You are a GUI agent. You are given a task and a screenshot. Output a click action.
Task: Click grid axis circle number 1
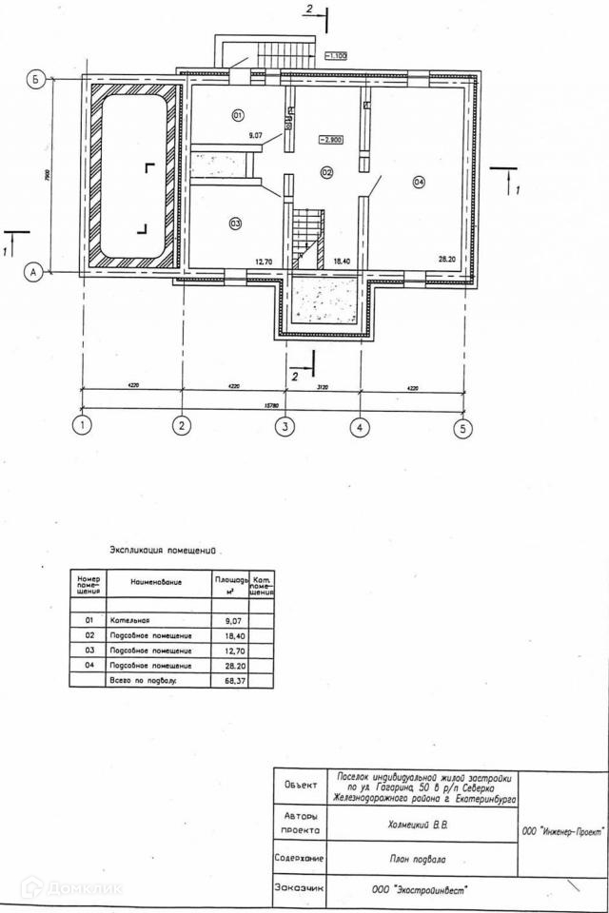pyautogui.click(x=84, y=426)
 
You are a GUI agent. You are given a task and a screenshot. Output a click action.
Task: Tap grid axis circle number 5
pyautogui.click(x=463, y=428)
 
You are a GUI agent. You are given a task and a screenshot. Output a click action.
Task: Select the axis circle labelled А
pyautogui.click(x=33, y=272)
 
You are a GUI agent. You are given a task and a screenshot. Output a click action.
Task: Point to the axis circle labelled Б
pyautogui.click(x=34, y=80)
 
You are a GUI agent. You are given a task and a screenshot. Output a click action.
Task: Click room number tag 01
pyautogui.click(x=238, y=115)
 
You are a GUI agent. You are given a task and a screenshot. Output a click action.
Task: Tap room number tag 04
pyautogui.click(x=420, y=182)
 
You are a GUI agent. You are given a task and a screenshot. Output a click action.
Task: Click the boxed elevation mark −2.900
pyautogui.click(x=331, y=139)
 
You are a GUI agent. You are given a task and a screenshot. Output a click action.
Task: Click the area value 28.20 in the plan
pyautogui.click(x=447, y=259)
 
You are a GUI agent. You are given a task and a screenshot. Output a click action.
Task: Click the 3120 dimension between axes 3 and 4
pyautogui.click(x=322, y=388)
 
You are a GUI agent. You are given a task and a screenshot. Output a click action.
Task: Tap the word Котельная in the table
pyautogui.click(x=130, y=620)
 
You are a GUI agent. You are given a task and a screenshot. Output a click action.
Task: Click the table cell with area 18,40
pyautogui.click(x=235, y=635)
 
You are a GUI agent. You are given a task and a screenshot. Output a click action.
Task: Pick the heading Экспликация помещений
pyautogui.click(x=164, y=550)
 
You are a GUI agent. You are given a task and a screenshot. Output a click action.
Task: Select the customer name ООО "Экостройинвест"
pyautogui.click(x=421, y=890)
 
